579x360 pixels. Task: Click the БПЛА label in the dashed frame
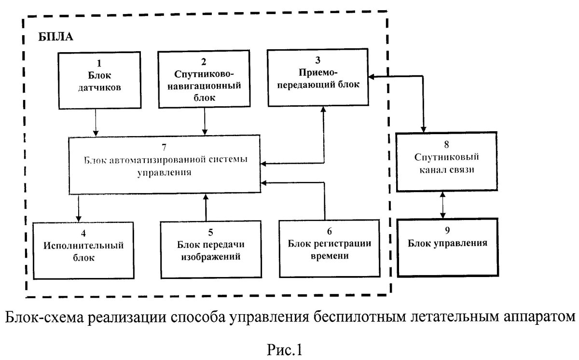click(55, 37)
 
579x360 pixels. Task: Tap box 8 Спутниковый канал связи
click(445, 161)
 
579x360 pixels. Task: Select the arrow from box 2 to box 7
click(206, 121)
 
